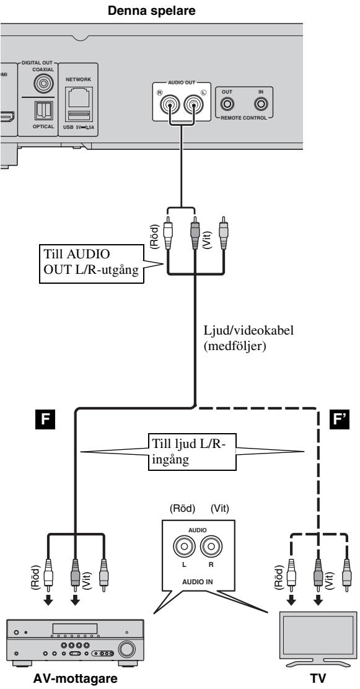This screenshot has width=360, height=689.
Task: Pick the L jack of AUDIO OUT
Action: (x=193, y=104)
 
